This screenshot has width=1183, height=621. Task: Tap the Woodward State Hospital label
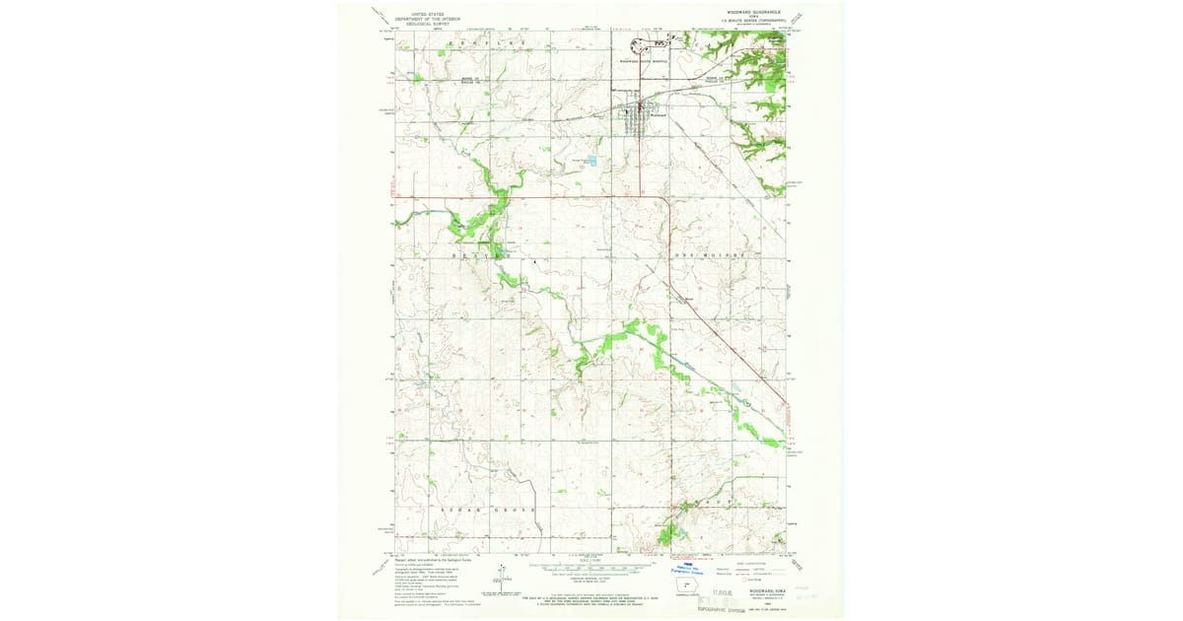point(643,60)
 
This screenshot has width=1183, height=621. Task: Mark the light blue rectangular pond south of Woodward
point(591,159)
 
